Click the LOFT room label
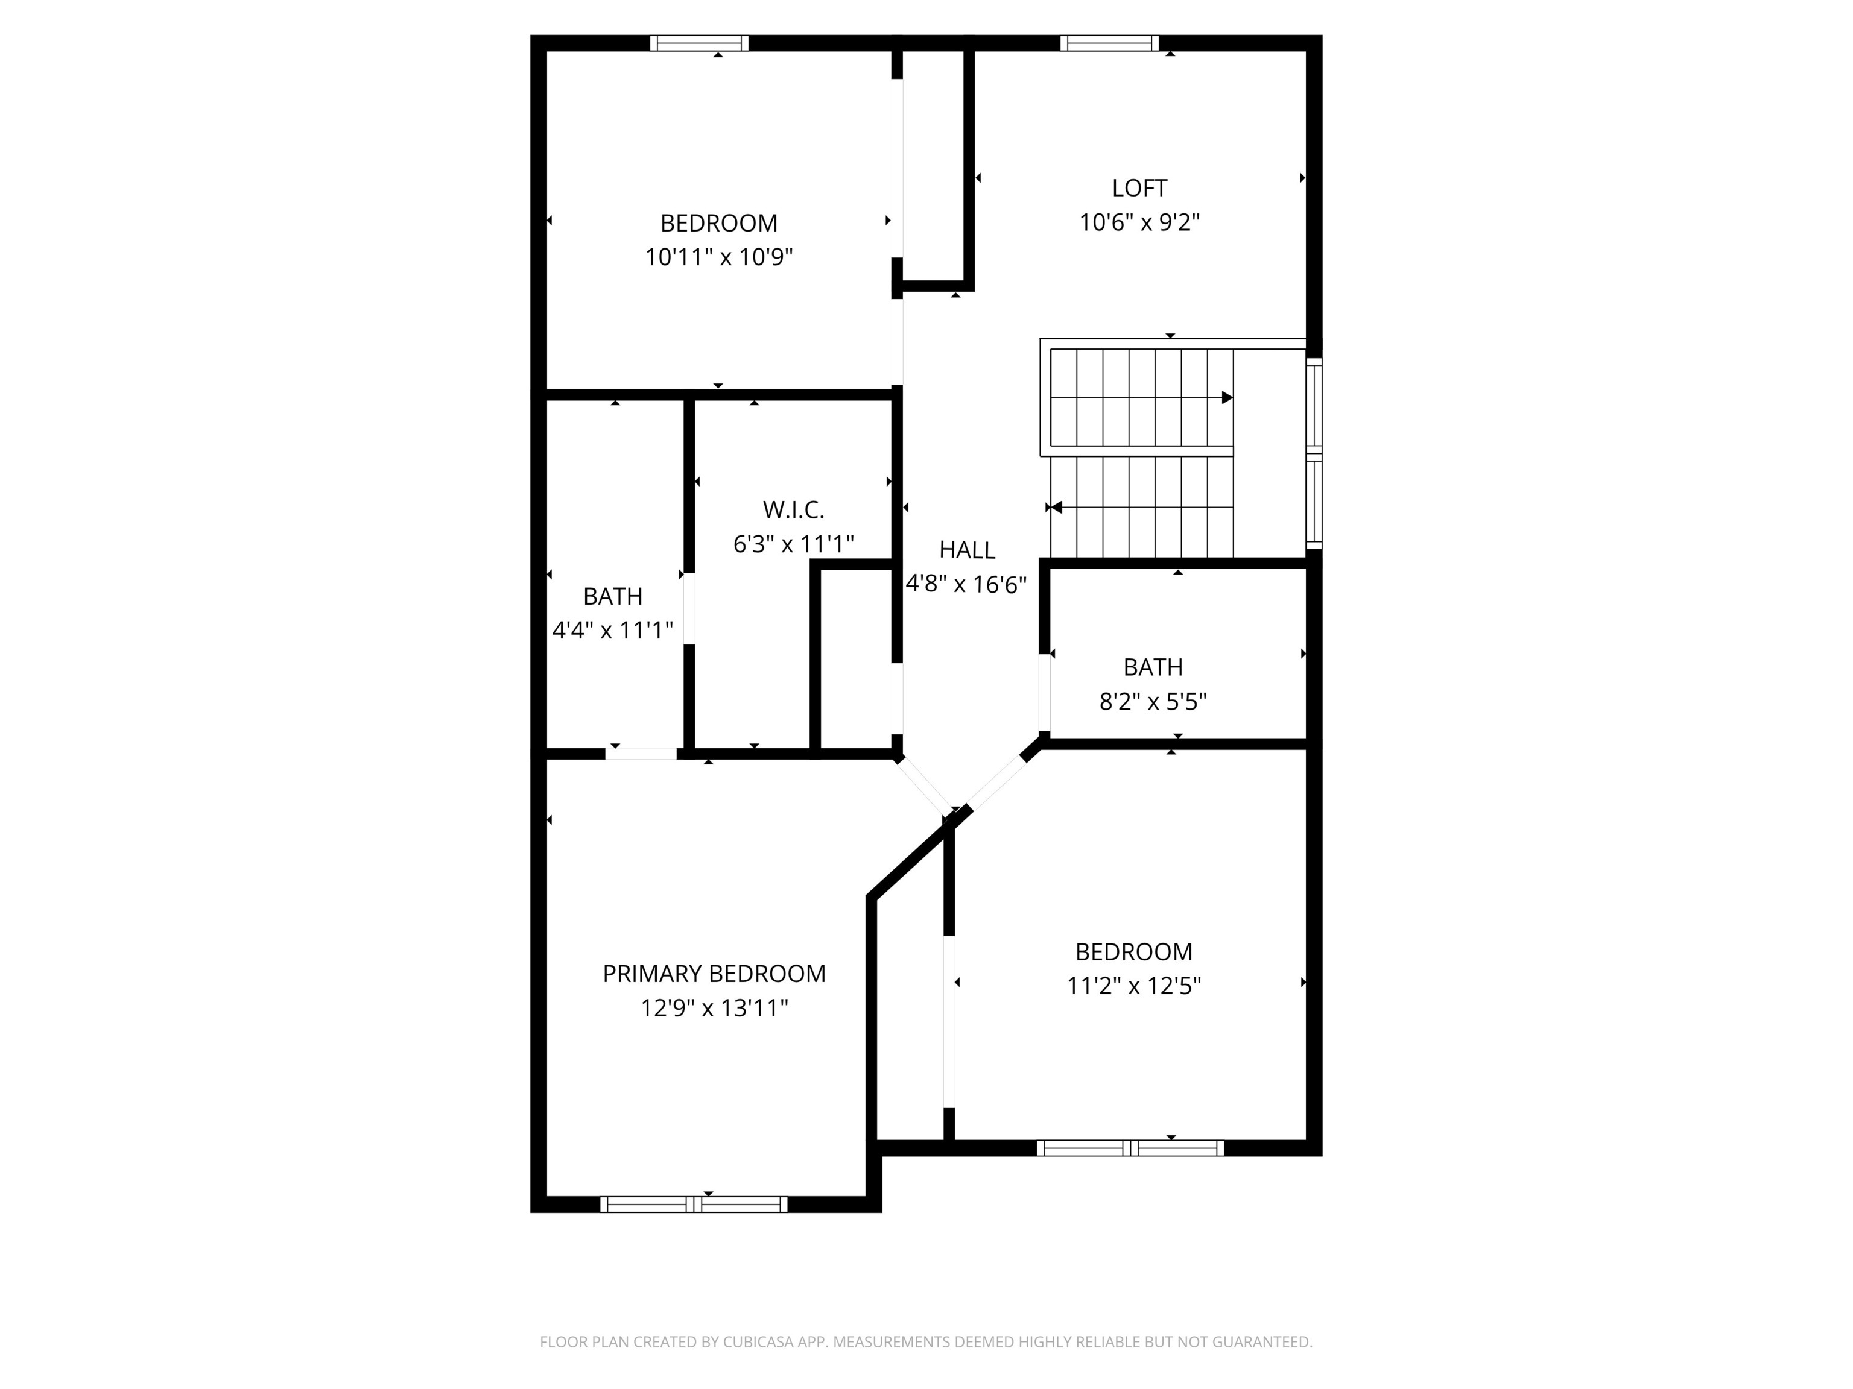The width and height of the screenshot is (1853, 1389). (x=1139, y=188)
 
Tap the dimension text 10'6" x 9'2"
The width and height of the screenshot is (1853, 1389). (x=1139, y=222)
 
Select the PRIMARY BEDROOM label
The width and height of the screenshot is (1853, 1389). (x=714, y=974)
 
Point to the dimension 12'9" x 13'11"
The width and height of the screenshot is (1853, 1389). (x=714, y=1008)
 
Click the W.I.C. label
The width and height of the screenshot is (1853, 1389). (x=793, y=510)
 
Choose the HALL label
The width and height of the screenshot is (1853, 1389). (x=967, y=550)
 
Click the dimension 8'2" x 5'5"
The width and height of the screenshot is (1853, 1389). (x=1153, y=702)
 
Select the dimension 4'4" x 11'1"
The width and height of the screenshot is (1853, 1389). (x=612, y=631)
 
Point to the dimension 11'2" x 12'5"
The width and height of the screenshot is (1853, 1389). (x=1133, y=986)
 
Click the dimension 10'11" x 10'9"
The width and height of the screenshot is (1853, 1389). (x=719, y=257)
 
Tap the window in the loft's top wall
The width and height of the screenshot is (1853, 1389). (x=1109, y=43)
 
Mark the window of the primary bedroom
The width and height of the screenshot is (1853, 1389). (x=694, y=1204)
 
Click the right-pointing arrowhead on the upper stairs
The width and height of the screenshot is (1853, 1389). (x=1227, y=398)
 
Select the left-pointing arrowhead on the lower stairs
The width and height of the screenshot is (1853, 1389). (x=1056, y=508)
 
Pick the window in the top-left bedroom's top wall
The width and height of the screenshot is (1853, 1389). (x=700, y=43)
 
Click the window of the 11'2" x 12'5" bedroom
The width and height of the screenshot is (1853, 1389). (x=1130, y=1148)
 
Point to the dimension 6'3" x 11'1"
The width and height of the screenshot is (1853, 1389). (x=793, y=544)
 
